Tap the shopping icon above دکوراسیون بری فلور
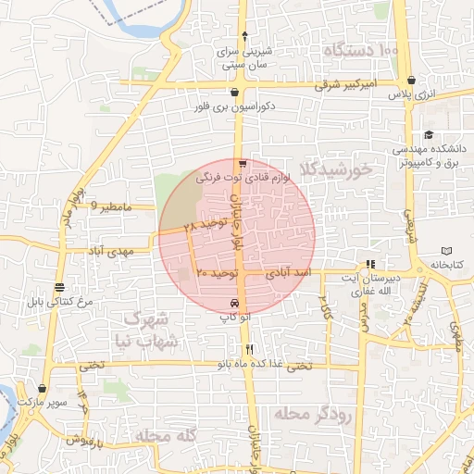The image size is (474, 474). (x=236, y=93)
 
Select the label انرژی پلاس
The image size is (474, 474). (x=410, y=94)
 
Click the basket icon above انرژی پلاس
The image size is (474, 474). (x=410, y=80)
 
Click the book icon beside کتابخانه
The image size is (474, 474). (x=448, y=251)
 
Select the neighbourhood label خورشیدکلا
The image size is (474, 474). (x=343, y=170)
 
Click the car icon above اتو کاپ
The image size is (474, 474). (x=235, y=304)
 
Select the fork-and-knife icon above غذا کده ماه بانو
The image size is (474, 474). (x=249, y=350)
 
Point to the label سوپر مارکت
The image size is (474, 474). (x=46, y=405)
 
